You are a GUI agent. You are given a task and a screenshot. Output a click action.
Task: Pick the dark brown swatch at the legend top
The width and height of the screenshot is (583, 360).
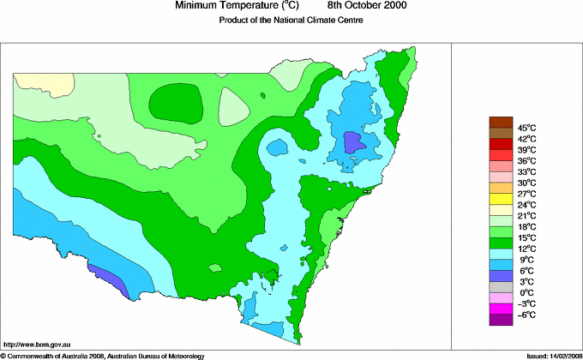(501, 122)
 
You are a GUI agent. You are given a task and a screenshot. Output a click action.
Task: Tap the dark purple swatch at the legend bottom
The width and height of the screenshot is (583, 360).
(501, 320)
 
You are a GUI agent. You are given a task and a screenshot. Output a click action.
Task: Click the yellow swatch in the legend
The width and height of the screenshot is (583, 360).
(501, 199)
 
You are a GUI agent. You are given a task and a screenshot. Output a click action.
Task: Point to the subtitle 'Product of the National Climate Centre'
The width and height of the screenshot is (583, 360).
(291, 21)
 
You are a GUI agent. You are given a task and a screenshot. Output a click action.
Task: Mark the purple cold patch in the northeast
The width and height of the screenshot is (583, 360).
(353, 141)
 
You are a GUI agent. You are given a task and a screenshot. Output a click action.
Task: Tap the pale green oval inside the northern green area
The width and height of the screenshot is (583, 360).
(232, 108)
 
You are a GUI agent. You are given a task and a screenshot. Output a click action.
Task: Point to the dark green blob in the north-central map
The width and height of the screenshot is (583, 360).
(176, 104)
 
